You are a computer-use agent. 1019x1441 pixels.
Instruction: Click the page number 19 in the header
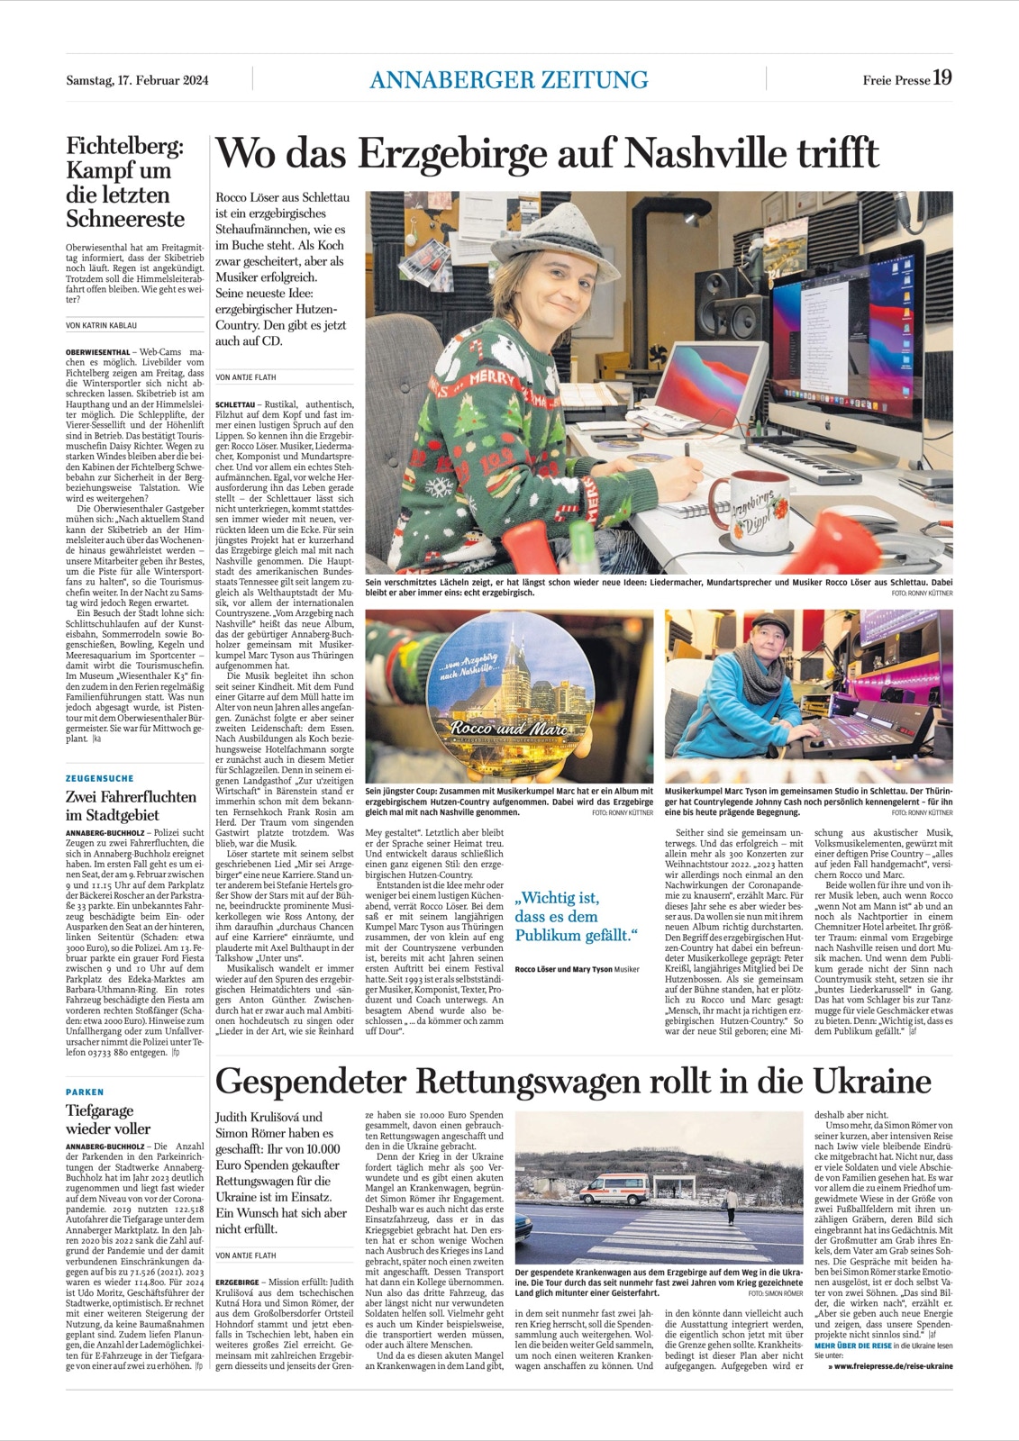(x=942, y=77)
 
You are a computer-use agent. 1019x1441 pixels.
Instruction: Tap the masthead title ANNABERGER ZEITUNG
(x=508, y=79)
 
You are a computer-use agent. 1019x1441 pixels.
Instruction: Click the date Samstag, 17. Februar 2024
(x=137, y=80)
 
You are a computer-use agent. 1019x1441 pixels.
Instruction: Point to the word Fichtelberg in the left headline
(x=124, y=146)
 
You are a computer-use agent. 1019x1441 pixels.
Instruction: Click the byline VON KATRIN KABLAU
(x=102, y=325)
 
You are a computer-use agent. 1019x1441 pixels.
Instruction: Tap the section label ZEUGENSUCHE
(x=100, y=778)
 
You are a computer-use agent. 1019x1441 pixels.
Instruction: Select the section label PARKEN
(x=85, y=1092)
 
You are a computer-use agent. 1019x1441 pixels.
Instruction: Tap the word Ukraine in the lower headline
(x=871, y=1081)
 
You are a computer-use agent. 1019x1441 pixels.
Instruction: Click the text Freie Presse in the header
(x=896, y=80)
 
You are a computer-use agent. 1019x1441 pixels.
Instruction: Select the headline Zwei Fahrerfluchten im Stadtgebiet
(x=131, y=805)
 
